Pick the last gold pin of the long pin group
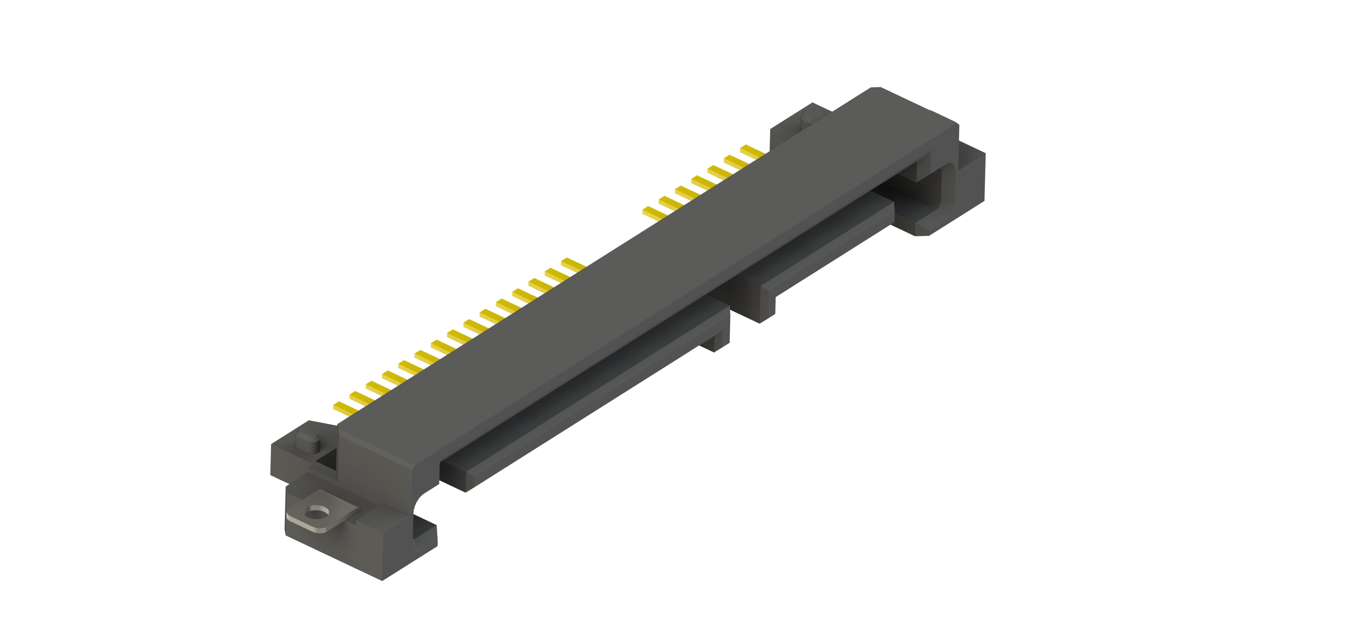tap(572, 264)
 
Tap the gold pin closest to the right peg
tap(752, 151)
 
